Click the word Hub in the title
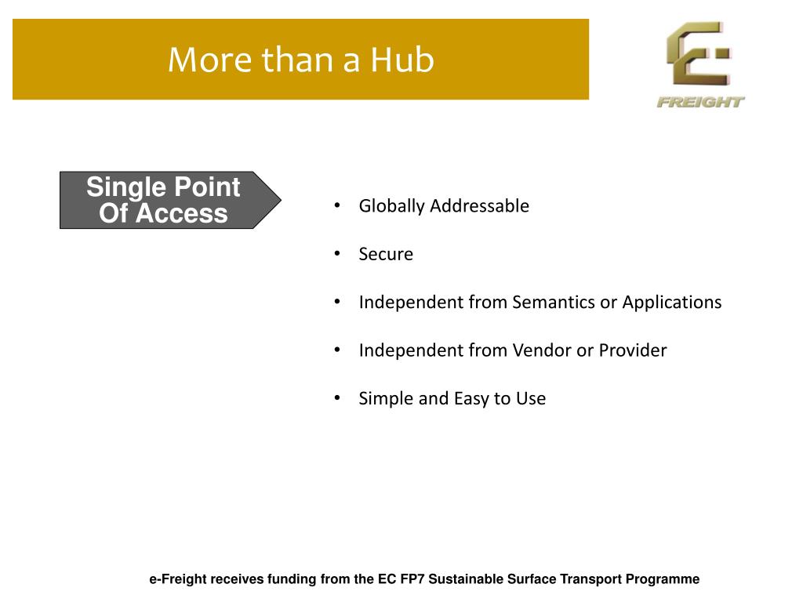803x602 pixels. (402, 60)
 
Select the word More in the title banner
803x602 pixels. (210, 60)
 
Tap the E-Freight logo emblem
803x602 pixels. (699, 54)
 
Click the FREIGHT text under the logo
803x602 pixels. (700, 103)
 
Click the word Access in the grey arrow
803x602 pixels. (182, 213)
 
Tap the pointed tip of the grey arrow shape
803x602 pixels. (281, 200)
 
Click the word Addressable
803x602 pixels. (479, 206)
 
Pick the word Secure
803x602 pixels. (386, 254)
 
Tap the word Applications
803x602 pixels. (672, 303)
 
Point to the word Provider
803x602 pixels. (633, 350)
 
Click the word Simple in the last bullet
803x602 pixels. (386, 399)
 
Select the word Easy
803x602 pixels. (471, 399)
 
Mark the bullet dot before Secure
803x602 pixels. (337, 253)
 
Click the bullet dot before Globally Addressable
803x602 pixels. (337, 205)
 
